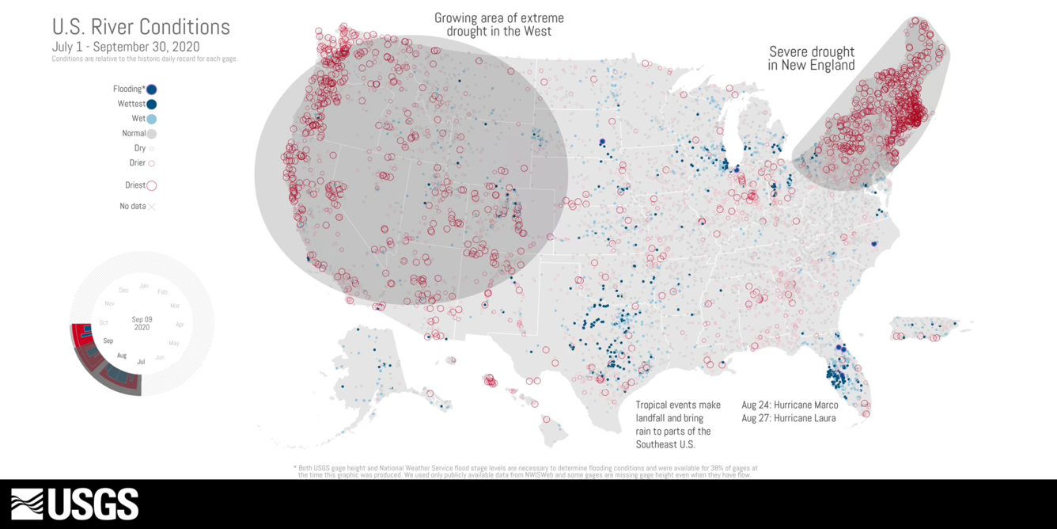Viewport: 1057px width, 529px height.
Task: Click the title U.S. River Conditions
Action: (x=141, y=27)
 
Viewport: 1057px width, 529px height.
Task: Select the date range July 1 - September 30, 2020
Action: (x=126, y=47)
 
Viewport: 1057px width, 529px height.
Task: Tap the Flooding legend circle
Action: (x=151, y=89)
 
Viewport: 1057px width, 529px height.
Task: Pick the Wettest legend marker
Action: (x=151, y=104)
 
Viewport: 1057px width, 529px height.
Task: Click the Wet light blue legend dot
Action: (x=151, y=119)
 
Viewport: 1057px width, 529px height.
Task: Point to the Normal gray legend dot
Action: (x=151, y=134)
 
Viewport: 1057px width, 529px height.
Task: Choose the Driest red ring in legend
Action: (x=151, y=185)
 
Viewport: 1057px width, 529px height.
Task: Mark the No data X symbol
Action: (x=151, y=207)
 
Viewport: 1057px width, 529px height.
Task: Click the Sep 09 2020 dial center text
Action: (x=142, y=323)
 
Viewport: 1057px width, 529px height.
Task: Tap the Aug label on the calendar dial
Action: (x=122, y=356)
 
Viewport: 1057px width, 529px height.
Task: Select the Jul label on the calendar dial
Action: (x=141, y=362)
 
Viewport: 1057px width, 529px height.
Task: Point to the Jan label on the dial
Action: (x=143, y=285)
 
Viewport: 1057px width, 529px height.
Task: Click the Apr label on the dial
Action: (x=180, y=325)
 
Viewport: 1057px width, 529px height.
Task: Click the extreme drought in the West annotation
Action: (x=498, y=25)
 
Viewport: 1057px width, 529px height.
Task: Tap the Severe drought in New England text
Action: (x=811, y=59)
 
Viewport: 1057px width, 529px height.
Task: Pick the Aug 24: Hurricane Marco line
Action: (x=790, y=405)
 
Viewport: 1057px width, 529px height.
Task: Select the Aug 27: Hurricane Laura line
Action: (x=788, y=418)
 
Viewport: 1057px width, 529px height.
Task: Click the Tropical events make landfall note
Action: (x=678, y=424)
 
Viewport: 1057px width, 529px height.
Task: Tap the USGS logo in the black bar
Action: (x=75, y=504)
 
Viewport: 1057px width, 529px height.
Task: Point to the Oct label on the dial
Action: (x=104, y=322)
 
